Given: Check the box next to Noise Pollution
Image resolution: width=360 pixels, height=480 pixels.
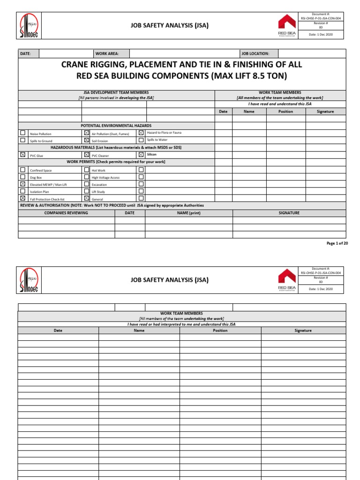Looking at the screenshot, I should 22,133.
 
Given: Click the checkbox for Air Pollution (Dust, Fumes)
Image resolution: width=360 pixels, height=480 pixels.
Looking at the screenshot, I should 86,133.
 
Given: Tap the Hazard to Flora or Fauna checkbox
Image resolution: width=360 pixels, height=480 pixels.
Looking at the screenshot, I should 141,133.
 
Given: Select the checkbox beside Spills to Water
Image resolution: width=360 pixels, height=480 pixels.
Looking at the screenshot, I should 141,140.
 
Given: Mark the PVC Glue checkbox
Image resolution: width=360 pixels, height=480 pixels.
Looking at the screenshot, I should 22,154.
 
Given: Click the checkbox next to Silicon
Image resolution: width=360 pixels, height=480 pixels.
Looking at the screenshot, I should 141,154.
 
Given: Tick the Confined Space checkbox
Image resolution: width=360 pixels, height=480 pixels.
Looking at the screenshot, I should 22,170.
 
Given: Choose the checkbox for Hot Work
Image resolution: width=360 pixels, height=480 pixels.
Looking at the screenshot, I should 86,170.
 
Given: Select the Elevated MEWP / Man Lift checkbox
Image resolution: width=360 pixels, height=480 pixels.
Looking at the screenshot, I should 22,184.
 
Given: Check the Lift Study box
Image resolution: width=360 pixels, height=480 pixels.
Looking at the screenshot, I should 86,191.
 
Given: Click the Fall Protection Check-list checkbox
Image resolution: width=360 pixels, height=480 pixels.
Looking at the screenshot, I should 22,198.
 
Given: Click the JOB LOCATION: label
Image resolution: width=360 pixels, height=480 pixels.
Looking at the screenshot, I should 255,54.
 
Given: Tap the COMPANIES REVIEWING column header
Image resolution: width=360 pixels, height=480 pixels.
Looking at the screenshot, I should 66,213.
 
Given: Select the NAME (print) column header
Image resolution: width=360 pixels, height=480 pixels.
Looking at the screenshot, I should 188,213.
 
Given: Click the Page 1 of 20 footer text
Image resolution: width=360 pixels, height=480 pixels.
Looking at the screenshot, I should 337,243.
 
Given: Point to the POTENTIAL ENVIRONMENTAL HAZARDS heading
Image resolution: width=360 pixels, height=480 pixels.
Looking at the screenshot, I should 116,126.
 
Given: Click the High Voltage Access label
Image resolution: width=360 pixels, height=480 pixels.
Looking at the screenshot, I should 105,178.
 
